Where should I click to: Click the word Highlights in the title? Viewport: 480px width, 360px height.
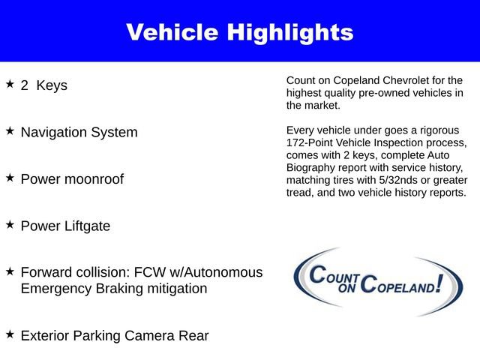pos(290,32)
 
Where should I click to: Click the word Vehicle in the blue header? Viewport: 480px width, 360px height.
pos(172,32)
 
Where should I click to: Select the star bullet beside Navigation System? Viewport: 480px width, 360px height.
pos(10,130)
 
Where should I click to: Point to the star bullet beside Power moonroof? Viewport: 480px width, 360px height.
pos(10,178)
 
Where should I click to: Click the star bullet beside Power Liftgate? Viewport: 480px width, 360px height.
pos(10,224)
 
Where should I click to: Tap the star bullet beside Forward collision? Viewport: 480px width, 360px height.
pos(10,271)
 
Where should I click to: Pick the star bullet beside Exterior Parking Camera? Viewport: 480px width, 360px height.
pos(10,334)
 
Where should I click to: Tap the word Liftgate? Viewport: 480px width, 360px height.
pos(85,226)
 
